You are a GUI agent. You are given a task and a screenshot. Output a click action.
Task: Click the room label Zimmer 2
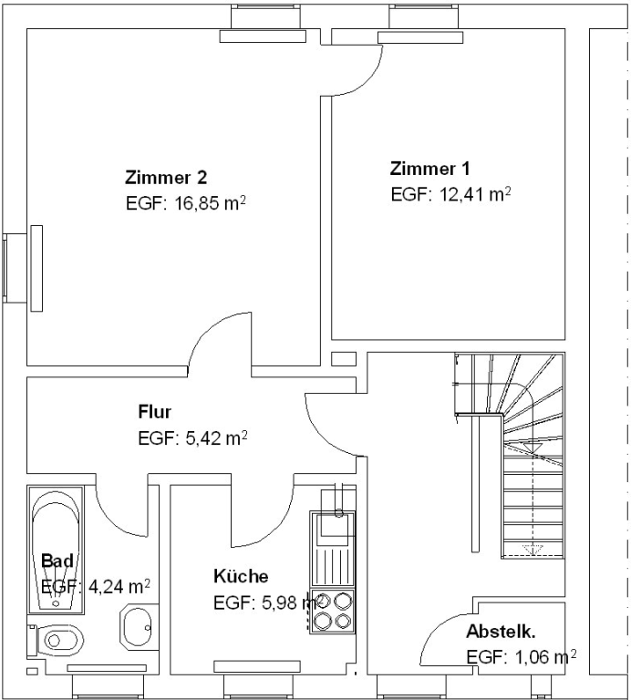166,177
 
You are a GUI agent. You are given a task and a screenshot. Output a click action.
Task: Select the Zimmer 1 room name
430,169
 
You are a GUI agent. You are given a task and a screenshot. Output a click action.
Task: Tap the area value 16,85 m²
209,203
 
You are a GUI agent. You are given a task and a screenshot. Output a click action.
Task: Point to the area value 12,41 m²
472,194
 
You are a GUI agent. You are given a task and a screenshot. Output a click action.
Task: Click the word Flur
155,411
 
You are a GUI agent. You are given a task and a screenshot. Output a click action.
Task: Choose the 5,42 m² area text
215,438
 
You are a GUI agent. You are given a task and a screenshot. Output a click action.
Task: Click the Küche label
241,576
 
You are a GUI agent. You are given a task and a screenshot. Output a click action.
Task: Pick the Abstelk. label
501,631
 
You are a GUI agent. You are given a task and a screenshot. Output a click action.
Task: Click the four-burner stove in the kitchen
332,611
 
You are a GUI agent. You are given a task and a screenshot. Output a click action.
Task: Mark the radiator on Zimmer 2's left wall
36,267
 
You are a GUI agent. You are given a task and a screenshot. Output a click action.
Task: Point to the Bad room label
57,560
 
